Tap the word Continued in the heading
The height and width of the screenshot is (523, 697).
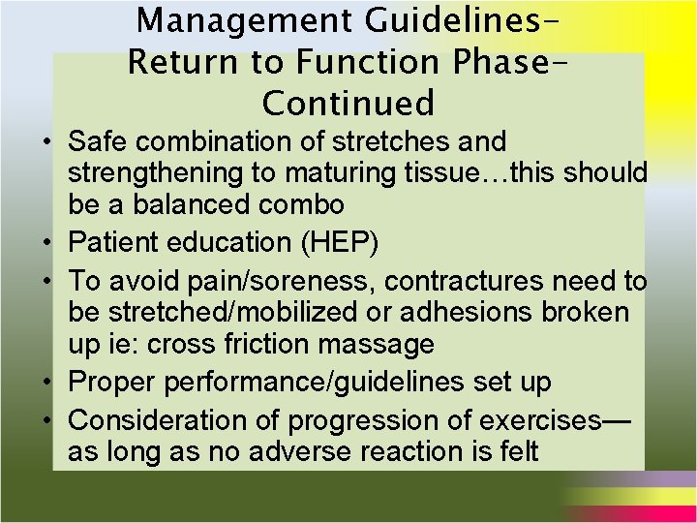[x=348, y=102]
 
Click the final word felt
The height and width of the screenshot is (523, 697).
[x=514, y=451]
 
